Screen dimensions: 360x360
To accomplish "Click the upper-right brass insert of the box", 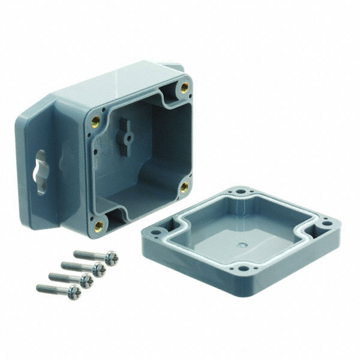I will point(184,86).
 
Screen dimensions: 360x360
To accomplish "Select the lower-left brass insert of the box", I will point(99,226).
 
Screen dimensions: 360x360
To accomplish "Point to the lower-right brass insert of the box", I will point(184,187).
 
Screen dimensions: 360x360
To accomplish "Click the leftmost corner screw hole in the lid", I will point(158,230).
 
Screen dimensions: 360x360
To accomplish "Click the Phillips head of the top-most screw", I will point(111,259).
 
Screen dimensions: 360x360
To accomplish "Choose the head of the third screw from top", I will point(86,281).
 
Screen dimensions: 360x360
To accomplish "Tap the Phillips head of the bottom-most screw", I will point(74,292).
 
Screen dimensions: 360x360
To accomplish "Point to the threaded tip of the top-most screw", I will point(77,253).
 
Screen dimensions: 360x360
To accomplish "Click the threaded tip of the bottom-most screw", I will point(40,287).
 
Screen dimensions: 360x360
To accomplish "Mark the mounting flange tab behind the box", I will point(173,67).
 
